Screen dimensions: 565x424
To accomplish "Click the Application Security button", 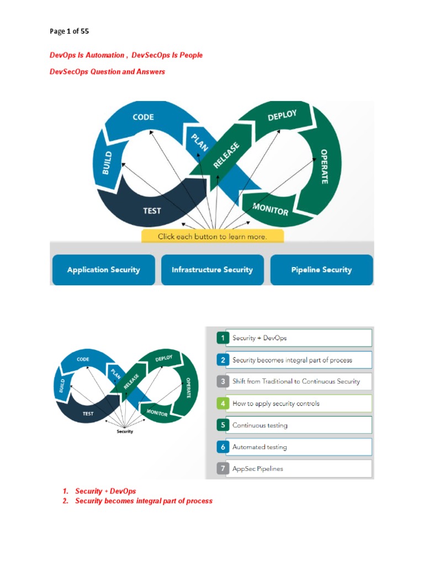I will pos(103,270).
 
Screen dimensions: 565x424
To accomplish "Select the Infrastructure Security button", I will pos(212,270).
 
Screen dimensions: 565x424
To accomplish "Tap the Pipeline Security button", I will pos(321,270).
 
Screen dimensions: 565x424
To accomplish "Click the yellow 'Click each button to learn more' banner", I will pos(213,236).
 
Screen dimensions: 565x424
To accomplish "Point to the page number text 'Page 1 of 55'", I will pos(69,31).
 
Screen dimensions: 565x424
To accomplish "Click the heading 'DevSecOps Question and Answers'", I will pos(107,72).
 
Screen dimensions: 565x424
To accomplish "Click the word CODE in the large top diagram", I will pos(143,117).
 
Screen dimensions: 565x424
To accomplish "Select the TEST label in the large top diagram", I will pos(152,211).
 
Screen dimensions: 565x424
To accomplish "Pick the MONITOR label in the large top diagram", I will pos(270,209).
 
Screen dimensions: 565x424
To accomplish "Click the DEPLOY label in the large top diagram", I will pos(282,116).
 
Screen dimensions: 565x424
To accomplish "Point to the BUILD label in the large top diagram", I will pos(108,162).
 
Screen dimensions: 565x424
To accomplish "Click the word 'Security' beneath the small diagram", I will pos(125,431).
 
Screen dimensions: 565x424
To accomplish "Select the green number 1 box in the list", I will pos(222,338).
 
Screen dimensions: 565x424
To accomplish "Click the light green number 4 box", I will pos(222,403).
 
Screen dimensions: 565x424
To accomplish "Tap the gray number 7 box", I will pos(222,468).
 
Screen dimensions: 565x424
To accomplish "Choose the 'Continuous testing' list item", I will pos(260,425).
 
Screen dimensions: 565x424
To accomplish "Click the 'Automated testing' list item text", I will pos(259,447).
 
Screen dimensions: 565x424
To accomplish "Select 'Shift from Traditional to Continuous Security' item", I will pos(296,381).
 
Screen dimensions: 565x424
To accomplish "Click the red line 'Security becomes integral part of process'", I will pos(144,501).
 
